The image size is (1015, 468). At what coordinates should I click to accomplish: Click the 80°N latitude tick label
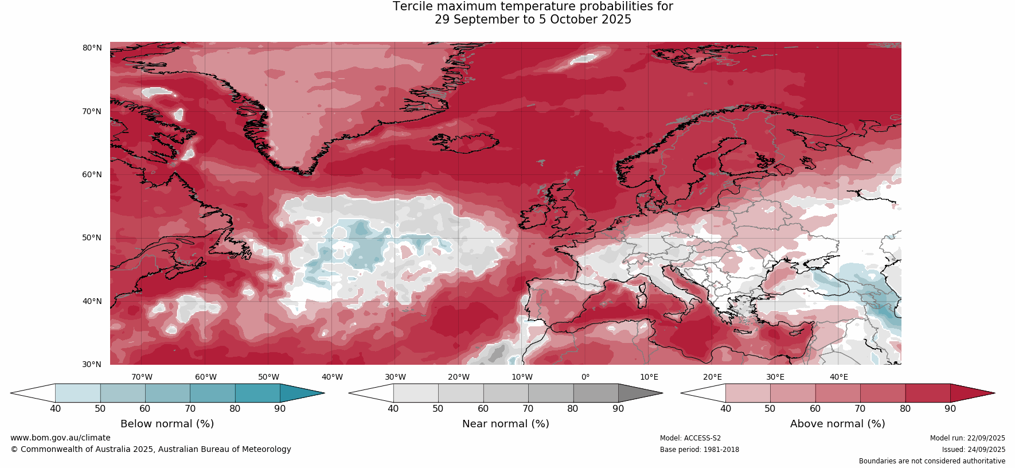[x=92, y=48]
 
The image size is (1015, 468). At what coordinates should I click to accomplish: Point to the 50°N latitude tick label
[x=92, y=237]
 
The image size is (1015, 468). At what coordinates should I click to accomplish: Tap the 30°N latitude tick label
[x=92, y=364]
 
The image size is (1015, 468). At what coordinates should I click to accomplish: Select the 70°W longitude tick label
[x=142, y=377]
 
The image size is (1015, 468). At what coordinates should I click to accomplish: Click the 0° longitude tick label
[x=585, y=377]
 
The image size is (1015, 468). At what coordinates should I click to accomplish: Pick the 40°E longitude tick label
[x=838, y=377]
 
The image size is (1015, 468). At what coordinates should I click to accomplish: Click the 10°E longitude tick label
[x=649, y=377]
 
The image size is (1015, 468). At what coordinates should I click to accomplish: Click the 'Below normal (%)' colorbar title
[x=167, y=424]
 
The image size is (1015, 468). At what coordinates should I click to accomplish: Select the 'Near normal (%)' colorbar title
[x=505, y=424]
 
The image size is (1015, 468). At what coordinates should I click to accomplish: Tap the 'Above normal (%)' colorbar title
[x=837, y=424]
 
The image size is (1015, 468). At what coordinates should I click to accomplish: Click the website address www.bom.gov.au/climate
[x=60, y=438]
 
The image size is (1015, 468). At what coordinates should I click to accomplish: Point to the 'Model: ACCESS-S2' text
[x=690, y=438]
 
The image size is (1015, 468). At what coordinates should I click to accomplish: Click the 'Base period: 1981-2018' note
[x=699, y=450]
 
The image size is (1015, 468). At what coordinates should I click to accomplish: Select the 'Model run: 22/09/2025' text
[x=967, y=438]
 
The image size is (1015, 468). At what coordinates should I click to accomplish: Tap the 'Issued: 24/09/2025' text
[x=973, y=450]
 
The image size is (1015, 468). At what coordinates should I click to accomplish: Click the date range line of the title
[x=533, y=19]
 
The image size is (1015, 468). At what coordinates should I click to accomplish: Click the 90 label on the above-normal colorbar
[x=950, y=409]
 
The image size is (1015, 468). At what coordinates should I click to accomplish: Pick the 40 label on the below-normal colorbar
[x=55, y=409]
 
